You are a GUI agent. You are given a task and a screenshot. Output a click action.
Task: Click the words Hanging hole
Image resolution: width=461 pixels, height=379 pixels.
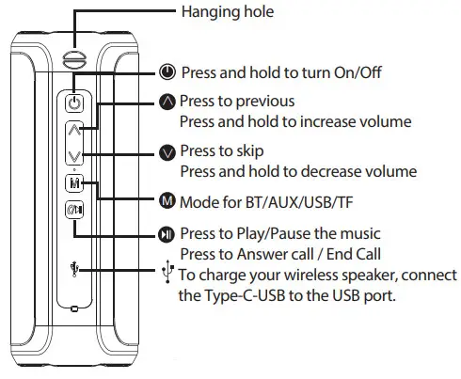(220, 11)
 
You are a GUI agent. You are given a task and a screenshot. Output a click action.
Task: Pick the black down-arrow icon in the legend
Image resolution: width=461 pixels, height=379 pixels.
(167, 151)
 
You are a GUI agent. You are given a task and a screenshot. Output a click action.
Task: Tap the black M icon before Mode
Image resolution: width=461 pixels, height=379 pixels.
(167, 199)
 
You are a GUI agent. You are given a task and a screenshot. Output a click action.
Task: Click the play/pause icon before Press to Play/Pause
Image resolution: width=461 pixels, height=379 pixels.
(167, 232)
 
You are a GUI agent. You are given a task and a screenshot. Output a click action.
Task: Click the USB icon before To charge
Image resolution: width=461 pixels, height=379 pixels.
(167, 272)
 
